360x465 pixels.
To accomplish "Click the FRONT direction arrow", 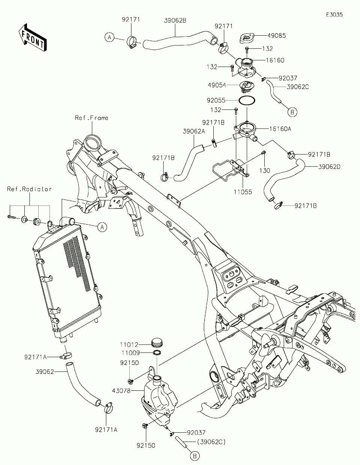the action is coord(33,37).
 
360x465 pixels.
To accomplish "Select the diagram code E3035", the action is coord(334,15).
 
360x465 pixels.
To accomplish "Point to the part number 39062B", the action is coord(175,20).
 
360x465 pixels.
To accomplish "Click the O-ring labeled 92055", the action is coord(247,100).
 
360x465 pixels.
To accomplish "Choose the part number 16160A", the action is coord(280,129).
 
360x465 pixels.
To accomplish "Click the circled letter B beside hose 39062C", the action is coord(292,112).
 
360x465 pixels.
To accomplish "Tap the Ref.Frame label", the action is coord(91,118).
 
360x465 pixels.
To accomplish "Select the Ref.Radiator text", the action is coord(29,189).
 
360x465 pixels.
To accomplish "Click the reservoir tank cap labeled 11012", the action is coord(156,343).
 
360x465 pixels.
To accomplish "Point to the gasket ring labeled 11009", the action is coord(157,353).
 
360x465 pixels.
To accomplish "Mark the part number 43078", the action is coord(121,391).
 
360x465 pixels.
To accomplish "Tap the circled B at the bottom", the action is coord(195,456).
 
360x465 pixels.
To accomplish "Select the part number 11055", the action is coord(243,192).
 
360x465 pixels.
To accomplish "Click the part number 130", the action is coord(265,171).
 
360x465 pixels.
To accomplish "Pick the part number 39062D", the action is coord(329,167).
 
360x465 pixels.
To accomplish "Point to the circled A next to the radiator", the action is coord(102,227).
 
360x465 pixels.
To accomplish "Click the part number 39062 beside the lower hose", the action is coord(45,372).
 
